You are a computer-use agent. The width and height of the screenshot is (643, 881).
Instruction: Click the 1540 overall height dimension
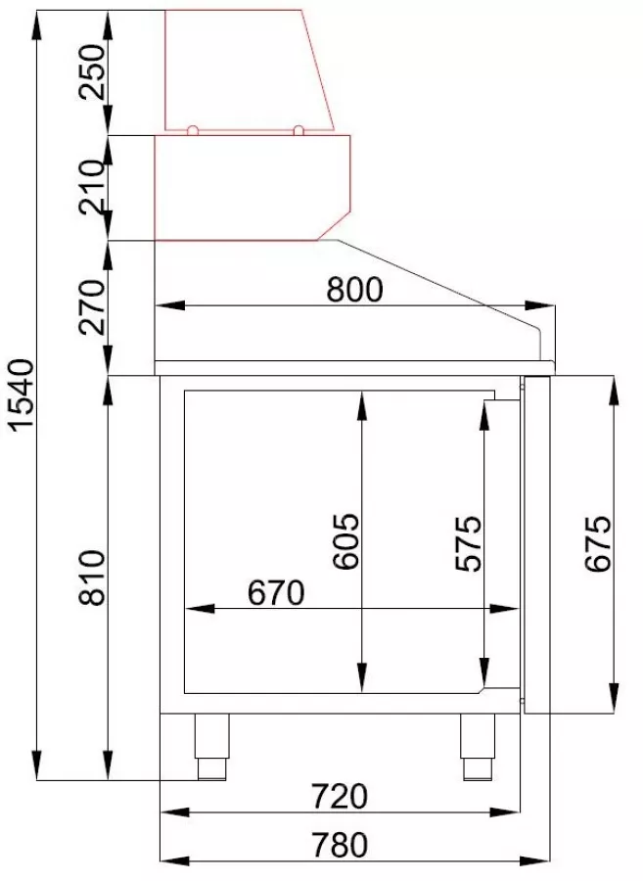[x=22, y=395]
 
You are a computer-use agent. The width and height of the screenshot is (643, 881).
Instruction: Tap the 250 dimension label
[x=92, y=71]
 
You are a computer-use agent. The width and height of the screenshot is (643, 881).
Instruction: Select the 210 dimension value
[x=92, y=187]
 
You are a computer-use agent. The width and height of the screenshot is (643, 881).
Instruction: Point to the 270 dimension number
[x=92, y=307]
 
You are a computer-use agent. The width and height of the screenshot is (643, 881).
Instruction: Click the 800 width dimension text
[x=355, y=290]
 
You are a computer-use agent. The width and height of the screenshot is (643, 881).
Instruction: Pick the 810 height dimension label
[x=92, y=578]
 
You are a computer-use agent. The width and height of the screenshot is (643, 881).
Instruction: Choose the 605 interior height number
[x=344, y=541]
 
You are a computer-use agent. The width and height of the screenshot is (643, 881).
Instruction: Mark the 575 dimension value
[x=468, y=543]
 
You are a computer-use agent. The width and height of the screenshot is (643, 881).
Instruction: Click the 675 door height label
[x=597, y=543]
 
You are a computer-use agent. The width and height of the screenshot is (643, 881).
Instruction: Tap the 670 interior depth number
[x=276, y=592]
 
